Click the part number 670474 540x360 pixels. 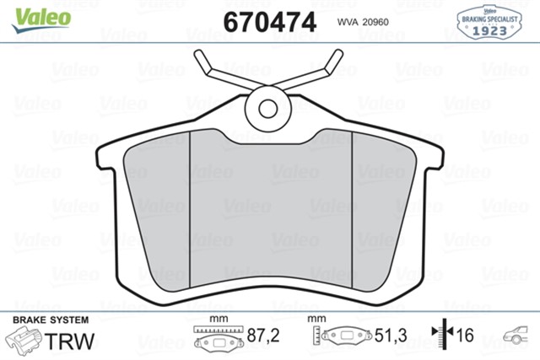point(269,20)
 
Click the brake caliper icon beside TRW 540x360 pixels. point(24,341)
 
